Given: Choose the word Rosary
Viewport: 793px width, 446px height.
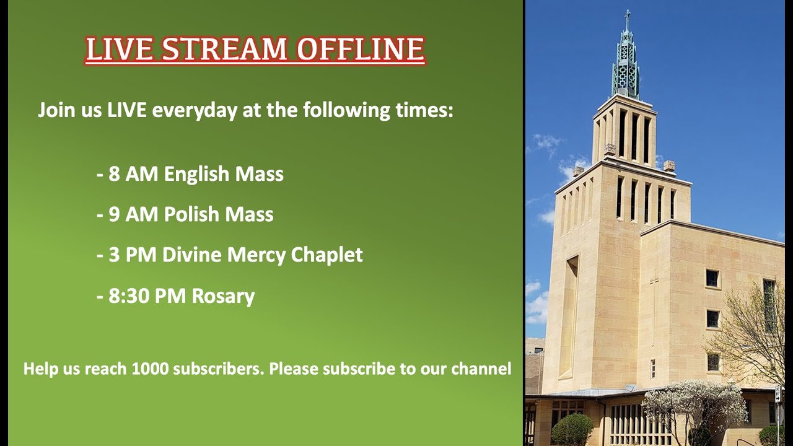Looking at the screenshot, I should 223,296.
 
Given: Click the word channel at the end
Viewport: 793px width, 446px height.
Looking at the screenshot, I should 481,369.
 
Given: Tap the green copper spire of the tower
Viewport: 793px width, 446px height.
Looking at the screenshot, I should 626,62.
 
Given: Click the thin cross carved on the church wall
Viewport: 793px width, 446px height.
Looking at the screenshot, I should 654,304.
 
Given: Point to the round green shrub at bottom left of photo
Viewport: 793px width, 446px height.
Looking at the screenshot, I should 571,429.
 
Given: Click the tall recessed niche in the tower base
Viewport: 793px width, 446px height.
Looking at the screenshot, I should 568,316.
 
